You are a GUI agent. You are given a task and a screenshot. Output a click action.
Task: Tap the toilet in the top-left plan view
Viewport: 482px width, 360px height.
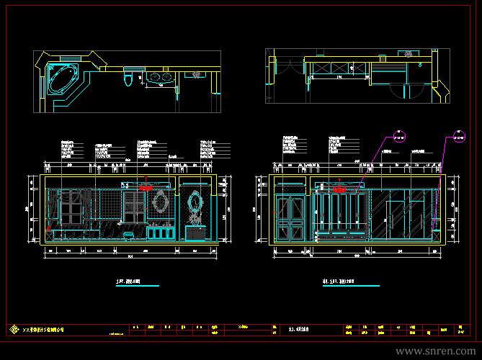click(129, 77)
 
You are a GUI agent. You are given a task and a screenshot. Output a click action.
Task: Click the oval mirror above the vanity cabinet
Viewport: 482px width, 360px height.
click(161, 203)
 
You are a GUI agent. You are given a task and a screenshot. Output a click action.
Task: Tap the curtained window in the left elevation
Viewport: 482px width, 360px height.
click(71, 209)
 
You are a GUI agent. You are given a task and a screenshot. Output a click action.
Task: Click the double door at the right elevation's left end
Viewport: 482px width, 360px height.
click(290, 217)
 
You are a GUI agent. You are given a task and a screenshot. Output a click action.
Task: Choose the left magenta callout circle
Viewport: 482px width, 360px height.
click(400, 134)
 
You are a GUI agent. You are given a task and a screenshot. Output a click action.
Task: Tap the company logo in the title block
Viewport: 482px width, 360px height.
click(13, 330)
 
